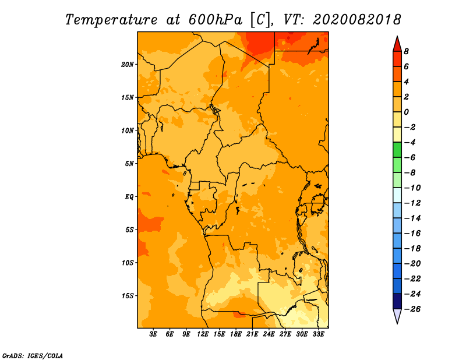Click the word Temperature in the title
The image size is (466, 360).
coord(111,20)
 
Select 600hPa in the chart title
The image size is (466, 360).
coord(216,20)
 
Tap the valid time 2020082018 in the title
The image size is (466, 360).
coord(357,20)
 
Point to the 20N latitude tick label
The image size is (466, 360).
coord(128,65)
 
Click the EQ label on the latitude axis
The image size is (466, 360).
coord(129,197)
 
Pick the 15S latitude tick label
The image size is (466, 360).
coord(128,296)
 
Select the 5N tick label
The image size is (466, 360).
coord(129,164)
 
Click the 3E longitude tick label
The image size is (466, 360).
coord(153,334)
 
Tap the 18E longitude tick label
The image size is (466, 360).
coord(236,334)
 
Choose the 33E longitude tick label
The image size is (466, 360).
coord(318,334)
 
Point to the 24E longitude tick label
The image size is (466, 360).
coord(269,334)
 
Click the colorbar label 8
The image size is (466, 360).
coord(406,51)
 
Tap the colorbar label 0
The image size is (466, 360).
coord(406,112)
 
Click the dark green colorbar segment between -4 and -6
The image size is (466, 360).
coord(397,150)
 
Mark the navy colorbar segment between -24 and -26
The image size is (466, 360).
coord(397,301)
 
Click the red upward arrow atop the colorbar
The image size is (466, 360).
coord(397,44)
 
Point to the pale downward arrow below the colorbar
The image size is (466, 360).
coord(397,316)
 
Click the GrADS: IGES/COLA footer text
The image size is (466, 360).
coord(33,356)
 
